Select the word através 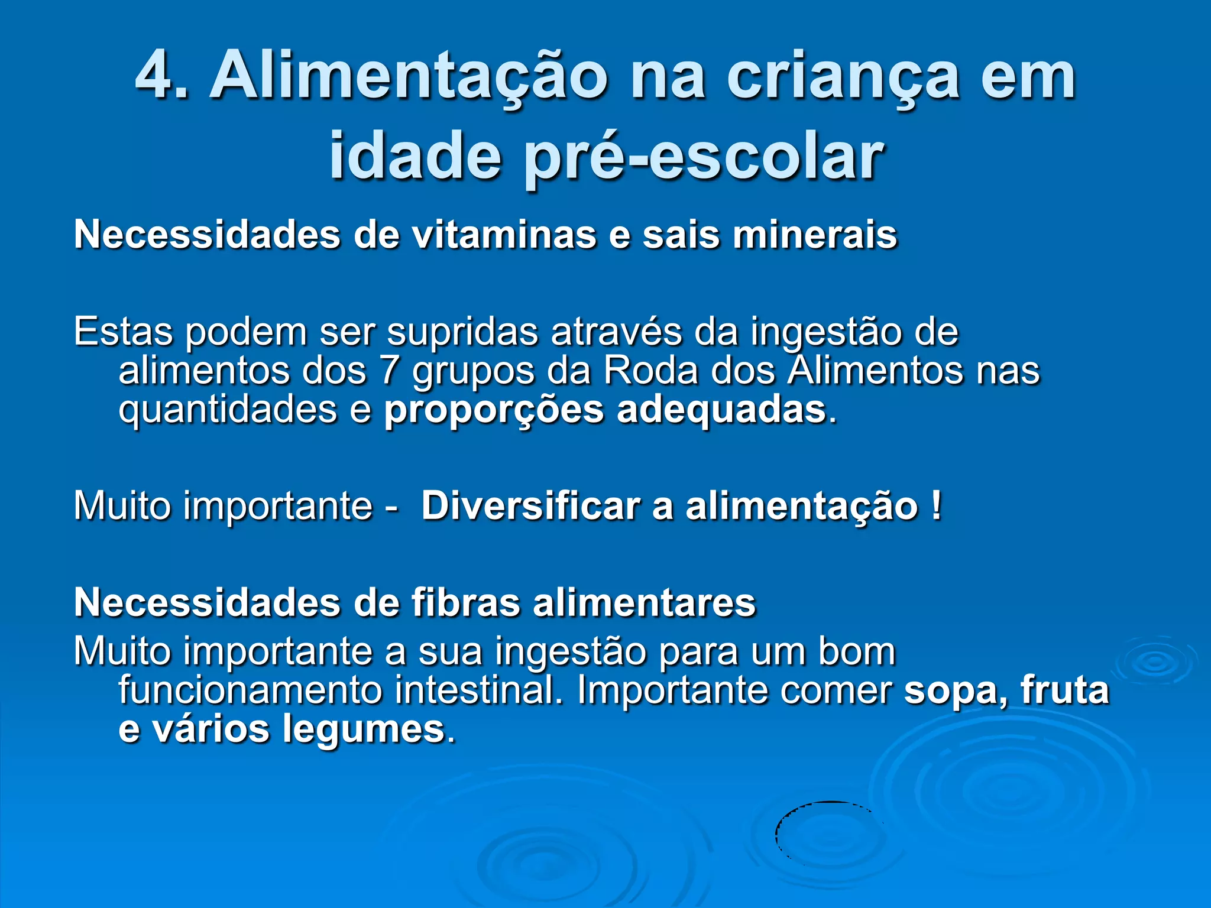(616, 332)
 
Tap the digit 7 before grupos (389, 371)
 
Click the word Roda (650, 371)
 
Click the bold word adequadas (721, 409)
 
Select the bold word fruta (1064, 690)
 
